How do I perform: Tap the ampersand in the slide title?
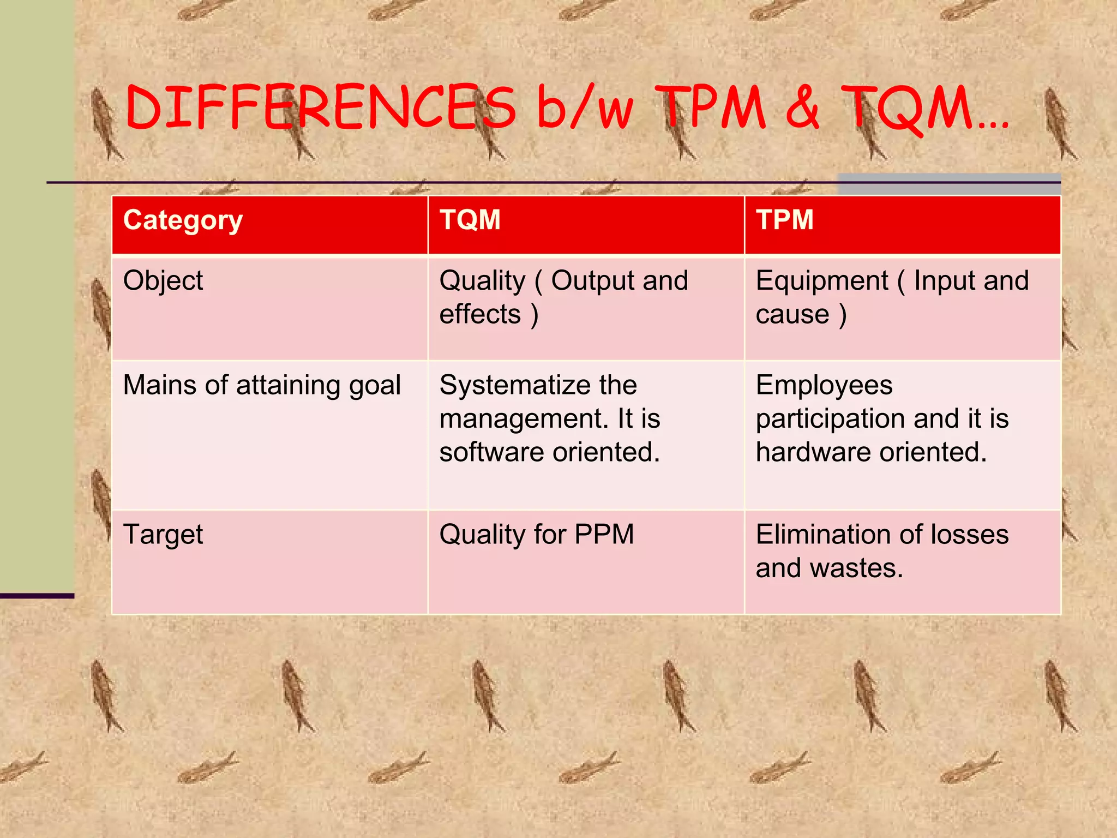802,107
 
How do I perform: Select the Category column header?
183,220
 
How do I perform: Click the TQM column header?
470,220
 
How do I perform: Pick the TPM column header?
784,220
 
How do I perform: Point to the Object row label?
163,282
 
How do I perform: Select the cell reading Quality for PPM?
537,535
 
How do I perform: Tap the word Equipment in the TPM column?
822,282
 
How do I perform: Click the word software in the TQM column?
491,452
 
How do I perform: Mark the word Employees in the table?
824,385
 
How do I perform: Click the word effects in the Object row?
480,315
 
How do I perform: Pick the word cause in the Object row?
792,315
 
